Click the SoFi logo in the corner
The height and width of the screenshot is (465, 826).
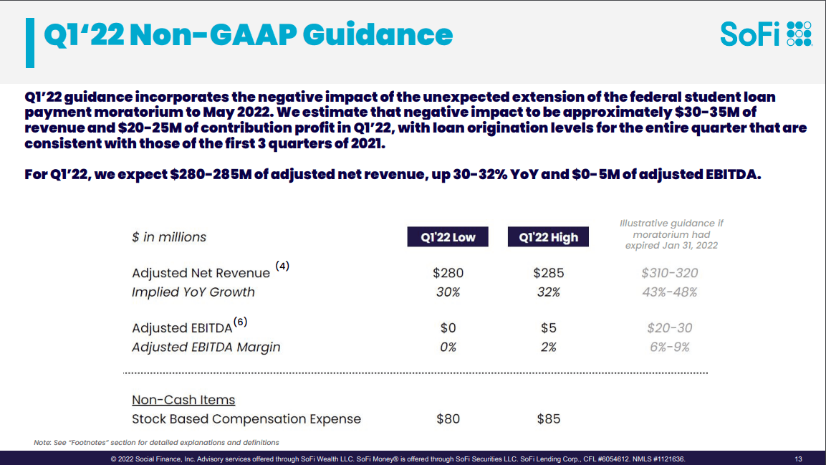[765, 34]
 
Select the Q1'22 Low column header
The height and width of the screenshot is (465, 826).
[448, 237]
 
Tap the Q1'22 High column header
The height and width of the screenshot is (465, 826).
[548, 237]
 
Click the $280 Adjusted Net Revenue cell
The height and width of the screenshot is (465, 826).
[448, 273]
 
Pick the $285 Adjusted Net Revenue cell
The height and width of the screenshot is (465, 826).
[549, 273]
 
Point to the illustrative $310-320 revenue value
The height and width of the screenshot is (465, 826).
[669, 273]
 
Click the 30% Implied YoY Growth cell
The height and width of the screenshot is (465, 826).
[448, 292]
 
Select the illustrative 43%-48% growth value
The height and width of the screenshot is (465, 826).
[669, 292]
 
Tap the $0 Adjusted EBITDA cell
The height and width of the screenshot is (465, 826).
[448, 328]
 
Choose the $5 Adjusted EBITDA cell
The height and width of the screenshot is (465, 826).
[549, 328]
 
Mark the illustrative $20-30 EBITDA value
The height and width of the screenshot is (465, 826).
[669, 328]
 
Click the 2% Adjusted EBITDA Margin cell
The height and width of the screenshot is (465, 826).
[549, 347]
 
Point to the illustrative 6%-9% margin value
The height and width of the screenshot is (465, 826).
[669, 347]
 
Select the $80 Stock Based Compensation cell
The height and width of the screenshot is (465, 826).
[448, 419]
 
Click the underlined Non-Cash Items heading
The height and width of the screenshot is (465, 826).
[183, 400]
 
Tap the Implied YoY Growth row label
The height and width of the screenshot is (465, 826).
[193, 292]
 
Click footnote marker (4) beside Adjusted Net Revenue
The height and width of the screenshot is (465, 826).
[283, 267]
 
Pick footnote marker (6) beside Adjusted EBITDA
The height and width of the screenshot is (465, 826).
[240, 322]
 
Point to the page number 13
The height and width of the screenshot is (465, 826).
[798, 459]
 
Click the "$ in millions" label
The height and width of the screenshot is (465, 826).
[169, 237]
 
